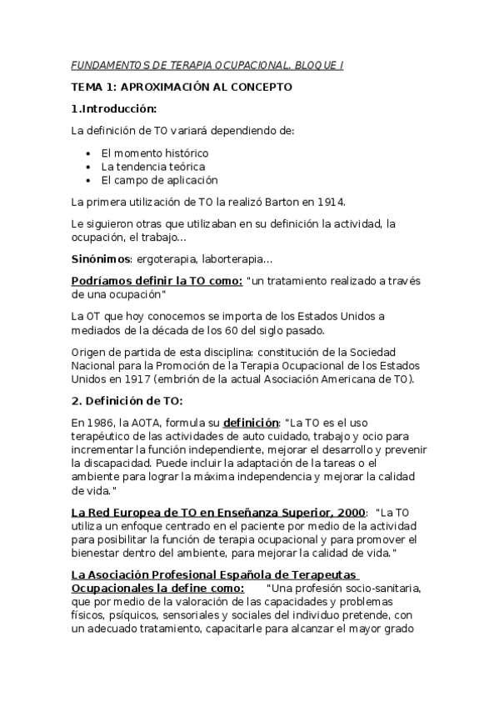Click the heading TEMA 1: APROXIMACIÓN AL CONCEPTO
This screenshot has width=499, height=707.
pyautogui.click(x=182, y=87)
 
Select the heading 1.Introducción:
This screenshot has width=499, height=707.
pyautogui.click(x=114, y=108)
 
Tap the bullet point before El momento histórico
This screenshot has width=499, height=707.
pyautogui.click(x=89, y=154)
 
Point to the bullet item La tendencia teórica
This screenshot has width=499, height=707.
pyautogui.click(x=152, y=167)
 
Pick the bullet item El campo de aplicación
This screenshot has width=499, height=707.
pyautogui.click(x=159, y=180)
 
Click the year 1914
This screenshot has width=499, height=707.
pyautogui.click(x=329, y=202)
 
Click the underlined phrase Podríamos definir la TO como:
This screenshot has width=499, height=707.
pyautogui.click(x=157, y=281)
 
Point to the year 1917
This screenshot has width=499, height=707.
pyautogui.click(x=124, y=379)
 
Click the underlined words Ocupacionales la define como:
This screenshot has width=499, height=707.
pyautogui.click(x=158, y=588)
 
